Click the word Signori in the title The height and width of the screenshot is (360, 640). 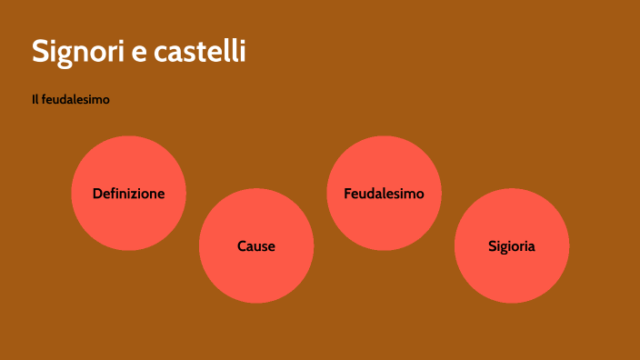tap(77, 51)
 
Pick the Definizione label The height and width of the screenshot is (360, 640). tap(128, 194)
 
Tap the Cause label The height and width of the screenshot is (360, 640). tap(255, 246)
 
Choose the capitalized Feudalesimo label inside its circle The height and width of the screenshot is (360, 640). tap(384, 194)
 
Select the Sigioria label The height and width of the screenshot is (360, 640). tap(511, 246)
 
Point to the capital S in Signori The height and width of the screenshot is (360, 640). tap(41, 51)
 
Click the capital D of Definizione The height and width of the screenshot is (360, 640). tap(97, 194)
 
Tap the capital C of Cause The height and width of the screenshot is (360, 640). tap(242, 246)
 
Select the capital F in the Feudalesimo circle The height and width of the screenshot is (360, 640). tap(348, 194)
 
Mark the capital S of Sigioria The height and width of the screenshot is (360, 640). tap(492, 246)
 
